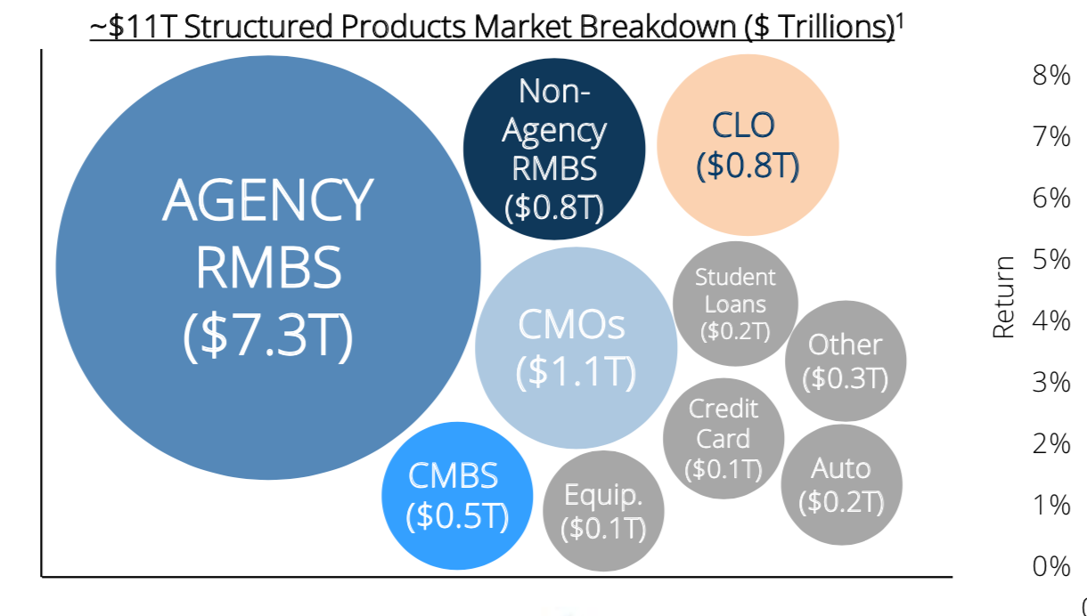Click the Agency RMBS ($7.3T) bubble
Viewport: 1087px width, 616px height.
pyautogui.click(x=267, y=267)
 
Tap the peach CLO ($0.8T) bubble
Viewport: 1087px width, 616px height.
pyautogui.click(x=748, y=145)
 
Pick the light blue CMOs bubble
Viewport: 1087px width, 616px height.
pyautogui.click(x=576, y=348)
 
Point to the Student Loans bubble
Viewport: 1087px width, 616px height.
pyautogui.click(x=735, y=303)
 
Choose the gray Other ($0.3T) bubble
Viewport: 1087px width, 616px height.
pyautogui.click(x=845, y=361)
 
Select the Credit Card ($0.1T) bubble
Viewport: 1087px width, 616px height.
pyautogui.click(x=723, y=438)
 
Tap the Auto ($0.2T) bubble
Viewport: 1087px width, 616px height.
pyautogui.click(x=841, y=484)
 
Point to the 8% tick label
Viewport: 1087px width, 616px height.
pyautogui.click(x=1051, y=76)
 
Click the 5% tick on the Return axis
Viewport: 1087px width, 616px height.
pyautogui.click(x=1051, y=259)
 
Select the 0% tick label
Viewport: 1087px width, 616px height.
pyautogui.click(x=1051, y=565)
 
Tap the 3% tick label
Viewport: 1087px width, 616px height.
pyautogui.click(x=1051, y=382)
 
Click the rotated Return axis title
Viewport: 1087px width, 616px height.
pyautogui.click(x=1005, y=296)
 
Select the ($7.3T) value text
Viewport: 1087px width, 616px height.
pyautogui.click(x=267, y=336)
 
